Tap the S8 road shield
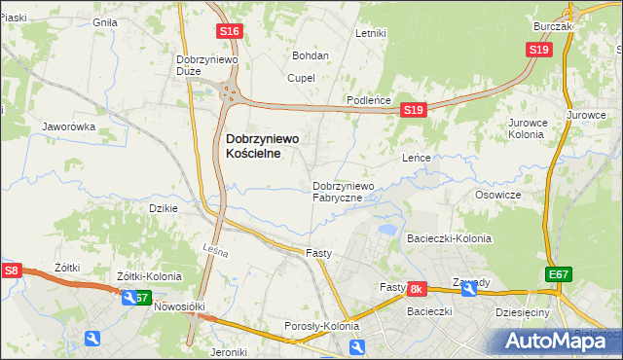pyautogui.click(x=12, y=270)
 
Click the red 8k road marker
pyautogui.click(x=417, y=289)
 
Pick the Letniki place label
pyautogui.click(x=372, y=33)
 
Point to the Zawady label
pyautogui.click(x=471, y=283)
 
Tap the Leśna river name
pyautogui.click(x=216, y=253)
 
